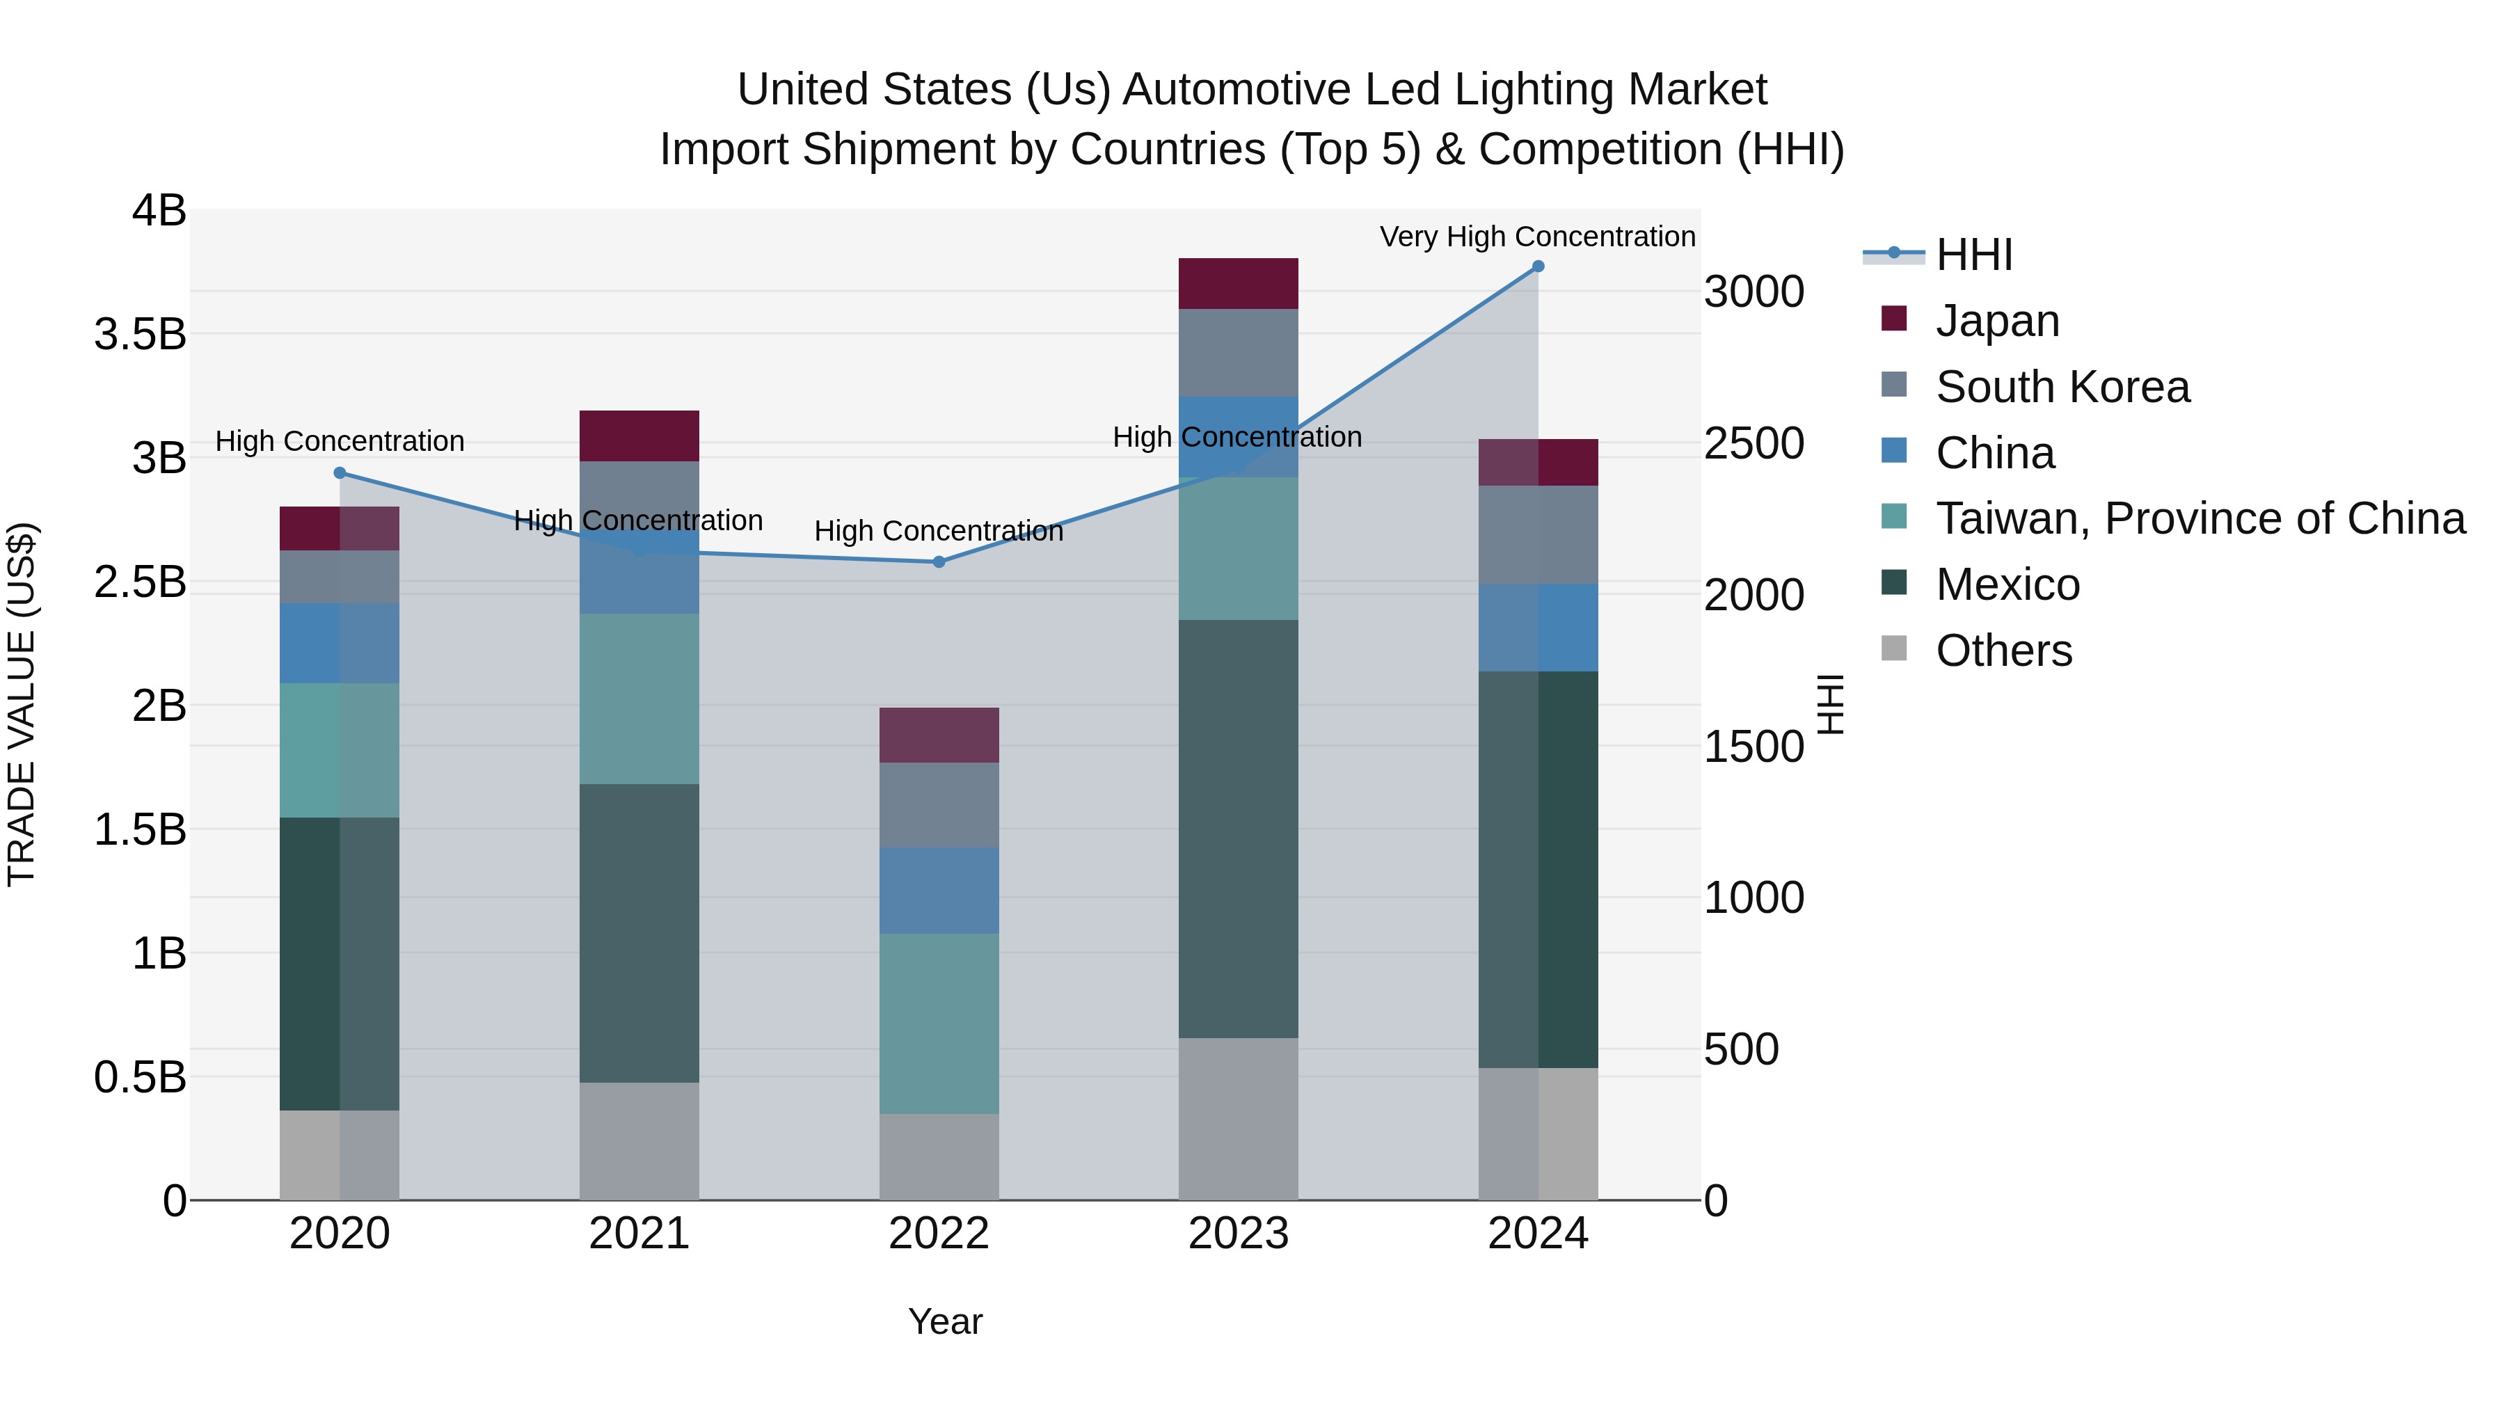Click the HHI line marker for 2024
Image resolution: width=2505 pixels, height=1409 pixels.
coord(1537,266)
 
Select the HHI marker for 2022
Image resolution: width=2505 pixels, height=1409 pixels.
coord(939,562)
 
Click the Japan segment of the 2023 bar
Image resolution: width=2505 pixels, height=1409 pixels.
coord(1238,284)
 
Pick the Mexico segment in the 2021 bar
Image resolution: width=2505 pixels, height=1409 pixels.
coord(639,934)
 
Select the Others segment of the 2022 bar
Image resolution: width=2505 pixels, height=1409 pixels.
coord(939,1157)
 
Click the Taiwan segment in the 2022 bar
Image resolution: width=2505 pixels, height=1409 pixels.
coord(939,1024)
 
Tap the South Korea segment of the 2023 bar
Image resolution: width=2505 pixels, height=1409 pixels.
coord(1238,353)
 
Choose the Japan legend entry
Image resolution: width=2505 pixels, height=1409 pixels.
coord(1996,321)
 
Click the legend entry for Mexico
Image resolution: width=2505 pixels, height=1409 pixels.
coord(2007,584)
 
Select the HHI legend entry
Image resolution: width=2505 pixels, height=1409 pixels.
coord(1973,255)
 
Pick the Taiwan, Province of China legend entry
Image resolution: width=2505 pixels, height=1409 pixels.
coord(2200,518)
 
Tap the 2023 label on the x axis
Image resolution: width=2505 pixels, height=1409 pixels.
coord(1238,1234)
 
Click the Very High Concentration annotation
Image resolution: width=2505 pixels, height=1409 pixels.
coord(1536,237)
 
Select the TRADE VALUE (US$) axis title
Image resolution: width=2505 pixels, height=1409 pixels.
coord(22,704)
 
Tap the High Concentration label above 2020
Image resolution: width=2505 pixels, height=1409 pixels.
coord(340,441)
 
